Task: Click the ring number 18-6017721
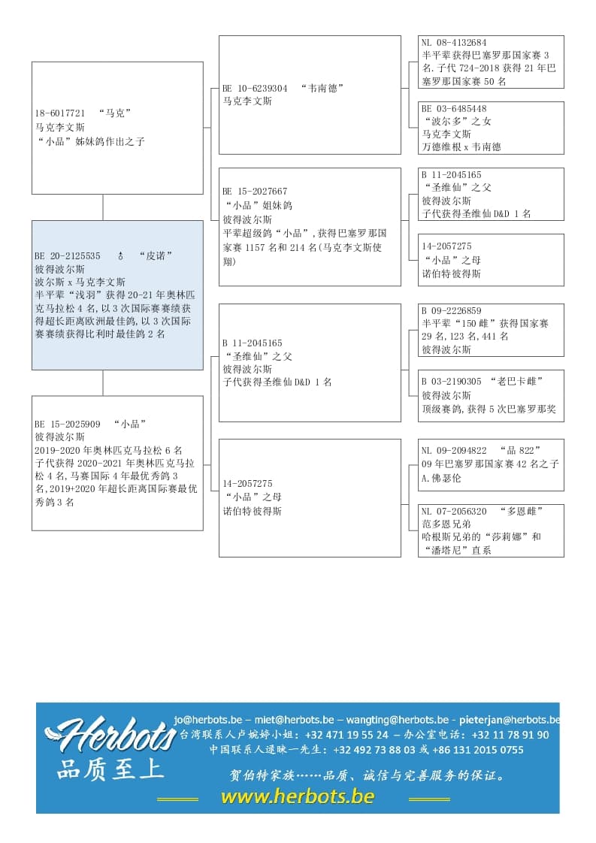point(60,113)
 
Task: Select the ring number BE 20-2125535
point(68,256)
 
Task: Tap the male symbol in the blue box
point(120,256)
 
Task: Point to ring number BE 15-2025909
point(68,424)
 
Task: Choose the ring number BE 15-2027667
point(255,192)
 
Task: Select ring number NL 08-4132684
point(454,43)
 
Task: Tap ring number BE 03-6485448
point(454,109)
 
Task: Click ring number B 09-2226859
point(451,311)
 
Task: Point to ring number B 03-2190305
point(451,382)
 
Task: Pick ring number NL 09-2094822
point(454,451)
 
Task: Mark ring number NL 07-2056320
point(454,511)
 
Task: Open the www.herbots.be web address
point(298,796)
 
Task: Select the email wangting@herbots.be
point(398,719)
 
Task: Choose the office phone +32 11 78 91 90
point(511,735)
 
